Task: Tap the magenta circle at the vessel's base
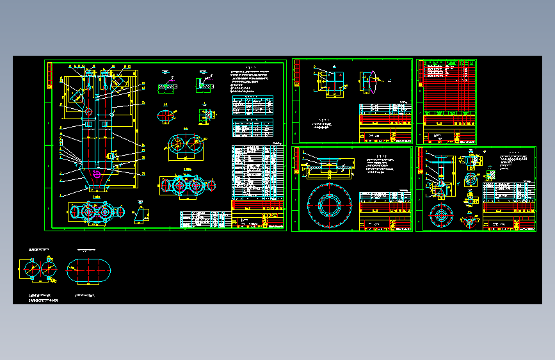(96, 174)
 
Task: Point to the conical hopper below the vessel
(96, 186)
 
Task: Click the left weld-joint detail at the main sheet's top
(168, 84)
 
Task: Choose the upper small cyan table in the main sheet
(252, 104)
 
